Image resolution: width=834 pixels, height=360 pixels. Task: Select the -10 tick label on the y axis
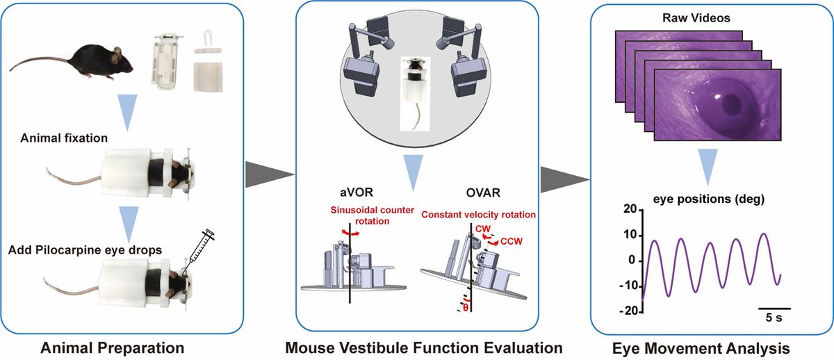click(x=628, y=286)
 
